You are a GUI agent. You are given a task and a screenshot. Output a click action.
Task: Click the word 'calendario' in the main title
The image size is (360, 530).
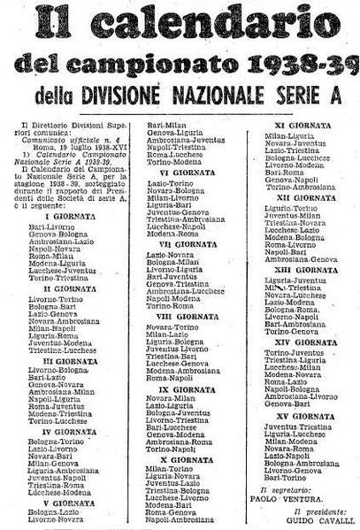(x=204, y=23)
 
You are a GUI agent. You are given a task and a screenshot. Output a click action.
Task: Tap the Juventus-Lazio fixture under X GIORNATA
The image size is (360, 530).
(x=172, y=483)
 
